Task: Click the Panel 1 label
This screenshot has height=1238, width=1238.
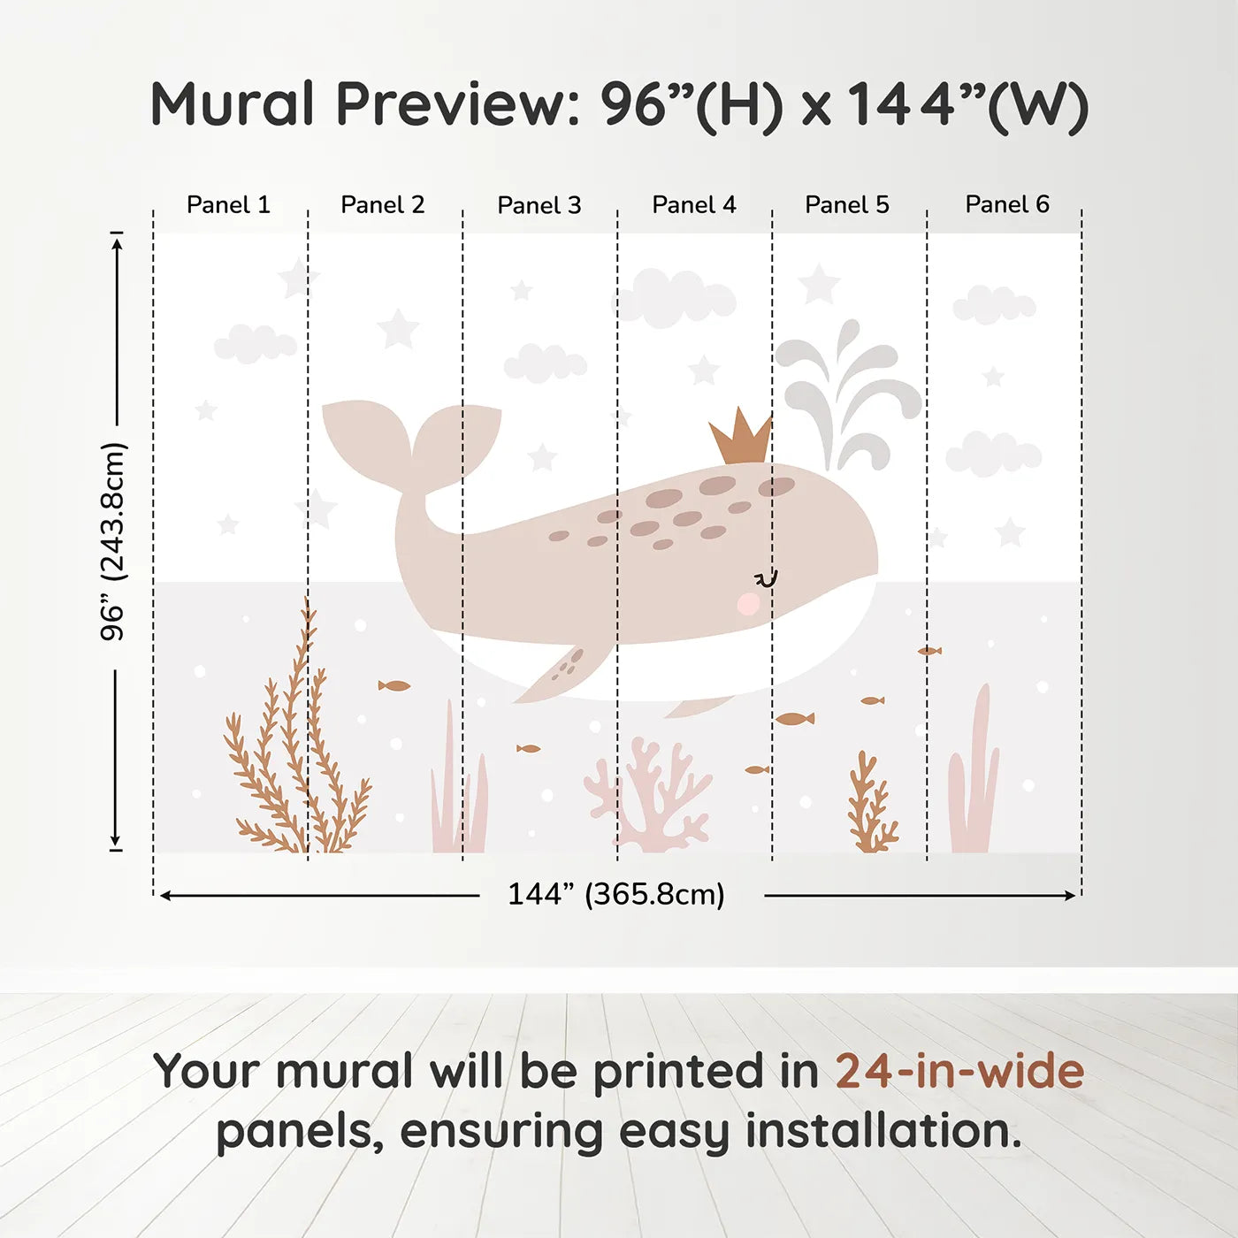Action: point(228,205)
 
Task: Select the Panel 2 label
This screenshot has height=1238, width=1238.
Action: point(383,205)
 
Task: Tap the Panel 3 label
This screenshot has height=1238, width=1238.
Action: point(539,206)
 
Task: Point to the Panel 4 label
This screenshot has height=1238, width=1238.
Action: point(694,205)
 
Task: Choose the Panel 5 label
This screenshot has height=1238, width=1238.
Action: point(847,205)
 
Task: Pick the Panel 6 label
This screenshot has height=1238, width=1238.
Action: point(1007,204)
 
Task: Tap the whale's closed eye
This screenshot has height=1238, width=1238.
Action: point(766,579)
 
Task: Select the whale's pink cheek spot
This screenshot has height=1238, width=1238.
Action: point(748,604)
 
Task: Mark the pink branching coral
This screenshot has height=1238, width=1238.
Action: point(650,796)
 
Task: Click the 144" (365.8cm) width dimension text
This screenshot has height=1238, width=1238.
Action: point(616,895)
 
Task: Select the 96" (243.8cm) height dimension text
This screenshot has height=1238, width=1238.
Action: point(113,541)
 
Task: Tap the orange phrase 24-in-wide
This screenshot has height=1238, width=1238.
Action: point(959,1072)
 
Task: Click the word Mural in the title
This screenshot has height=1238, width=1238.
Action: point(232,104)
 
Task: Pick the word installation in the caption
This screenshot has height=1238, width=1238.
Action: point(883,1132)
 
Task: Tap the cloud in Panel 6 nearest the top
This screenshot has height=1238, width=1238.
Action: point(994,305)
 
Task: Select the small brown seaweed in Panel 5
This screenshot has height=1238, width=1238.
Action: point(871,805)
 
